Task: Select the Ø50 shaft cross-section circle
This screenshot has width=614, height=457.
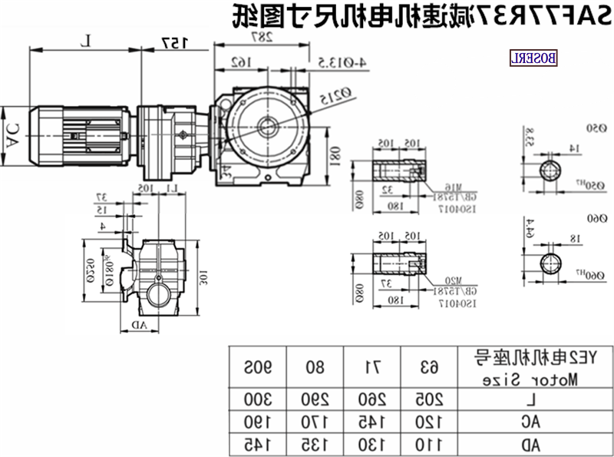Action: tap(553, 171)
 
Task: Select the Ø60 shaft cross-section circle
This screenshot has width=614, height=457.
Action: tap(552, 263)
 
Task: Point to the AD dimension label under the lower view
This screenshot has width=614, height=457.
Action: tap(138, 325)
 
